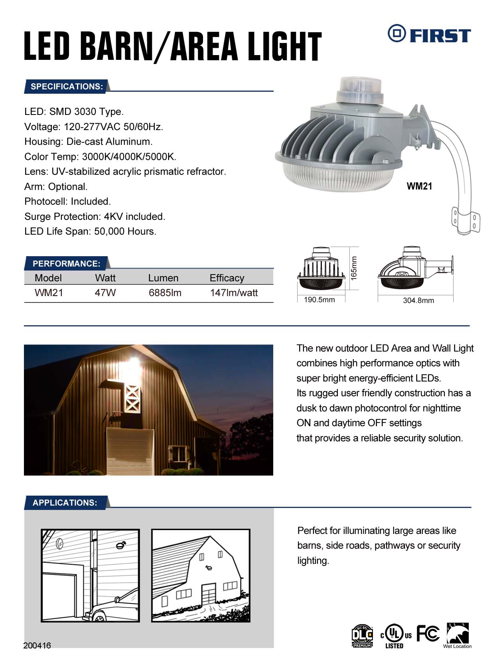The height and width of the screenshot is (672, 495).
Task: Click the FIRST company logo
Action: tap(429, 34)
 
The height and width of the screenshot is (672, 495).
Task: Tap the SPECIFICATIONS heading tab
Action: tap(67, 87)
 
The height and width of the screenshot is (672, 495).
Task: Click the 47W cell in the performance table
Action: tap(105, 293)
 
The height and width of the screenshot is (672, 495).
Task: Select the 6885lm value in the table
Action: tap(165, 293)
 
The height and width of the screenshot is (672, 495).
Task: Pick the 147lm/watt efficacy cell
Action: tap(234, 293)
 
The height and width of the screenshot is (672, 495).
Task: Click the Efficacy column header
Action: tap(227, 278)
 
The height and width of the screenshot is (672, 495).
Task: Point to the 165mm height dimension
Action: tap(354, 268)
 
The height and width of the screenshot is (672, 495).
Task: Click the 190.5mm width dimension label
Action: tap(319, 300)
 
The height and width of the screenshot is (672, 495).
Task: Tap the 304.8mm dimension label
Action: tap(418, 300)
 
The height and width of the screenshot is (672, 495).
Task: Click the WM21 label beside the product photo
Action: tap(419, 186)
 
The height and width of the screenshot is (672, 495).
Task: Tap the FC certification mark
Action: tap(428, 633)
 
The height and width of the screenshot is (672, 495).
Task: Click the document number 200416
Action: tap(37, 646)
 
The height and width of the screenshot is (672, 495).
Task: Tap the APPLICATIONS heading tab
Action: tap(65, 503)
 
